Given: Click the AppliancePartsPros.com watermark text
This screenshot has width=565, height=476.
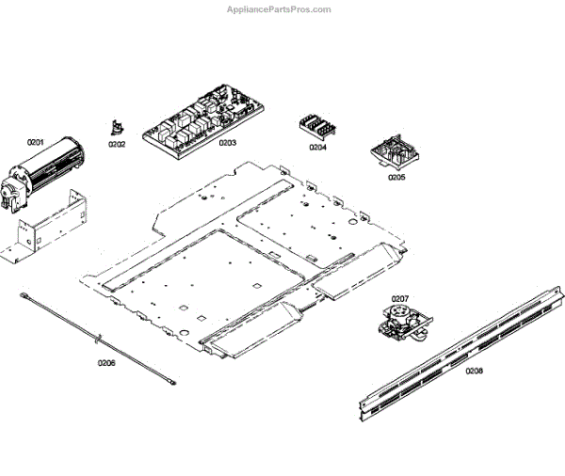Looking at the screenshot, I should pos(280,9).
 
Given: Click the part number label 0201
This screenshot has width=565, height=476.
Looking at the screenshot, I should pos(36,142).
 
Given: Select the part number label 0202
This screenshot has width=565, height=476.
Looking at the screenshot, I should pos(117,144).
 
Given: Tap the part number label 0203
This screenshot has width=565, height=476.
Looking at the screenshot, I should pos(227,143).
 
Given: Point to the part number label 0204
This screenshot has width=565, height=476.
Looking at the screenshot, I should pos(318,147).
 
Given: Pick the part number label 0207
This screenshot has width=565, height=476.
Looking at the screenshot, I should pos(400,298).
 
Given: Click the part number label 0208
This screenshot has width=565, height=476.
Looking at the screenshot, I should pos(474,371).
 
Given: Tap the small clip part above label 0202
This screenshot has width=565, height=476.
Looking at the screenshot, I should pos(117,127).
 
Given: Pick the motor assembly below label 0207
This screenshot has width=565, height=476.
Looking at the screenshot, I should pos(400,320).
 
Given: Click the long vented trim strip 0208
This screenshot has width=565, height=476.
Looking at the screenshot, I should pos(461,352).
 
